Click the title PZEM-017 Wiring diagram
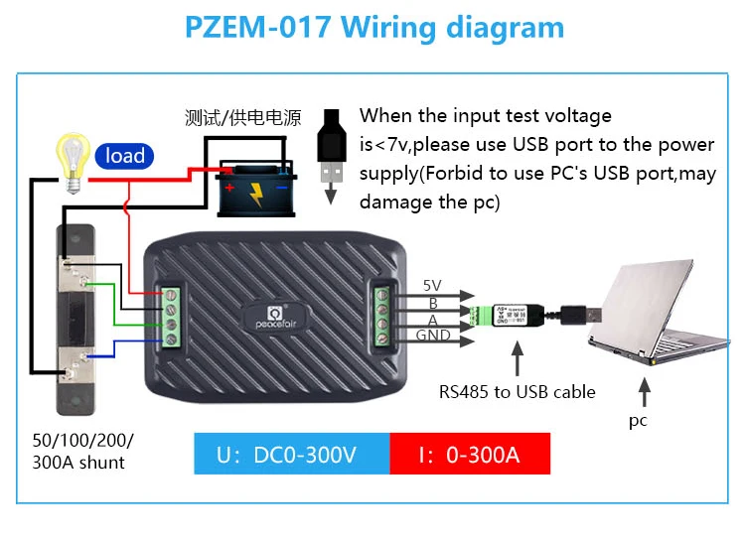372,27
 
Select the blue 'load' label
124,156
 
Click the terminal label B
433,303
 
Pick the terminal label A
433,320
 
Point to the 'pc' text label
638,420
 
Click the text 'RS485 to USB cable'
518,391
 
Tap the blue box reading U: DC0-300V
287,456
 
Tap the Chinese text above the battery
242,117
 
